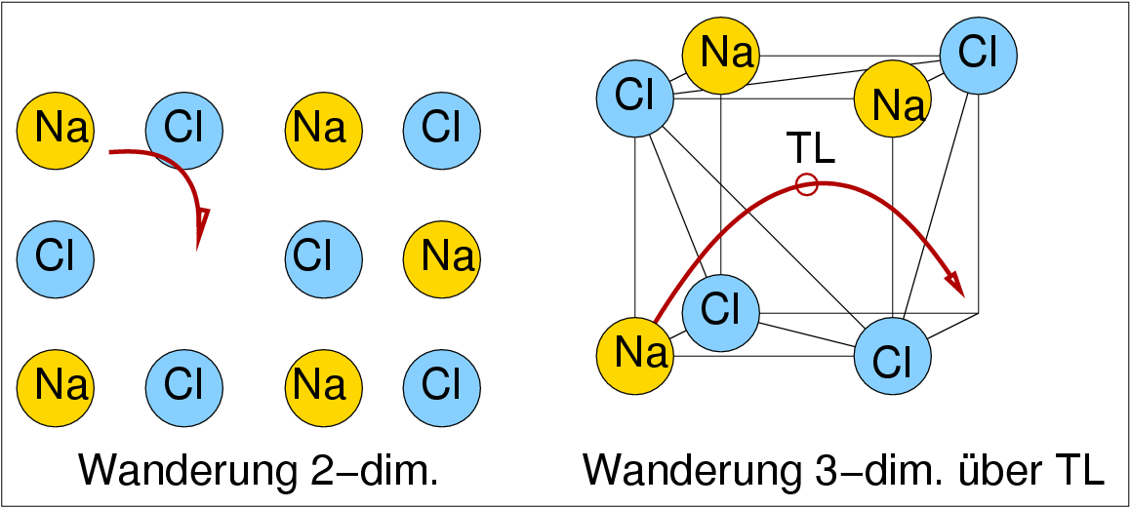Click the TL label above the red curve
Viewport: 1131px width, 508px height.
810,148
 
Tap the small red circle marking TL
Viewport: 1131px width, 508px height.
806,183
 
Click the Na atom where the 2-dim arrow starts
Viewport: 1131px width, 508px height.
56,128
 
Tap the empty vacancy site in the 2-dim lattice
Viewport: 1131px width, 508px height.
183,257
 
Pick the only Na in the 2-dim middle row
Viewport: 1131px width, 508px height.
441,257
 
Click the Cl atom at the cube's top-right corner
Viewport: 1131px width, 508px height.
978,55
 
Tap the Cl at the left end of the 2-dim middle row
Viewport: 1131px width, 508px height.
56,257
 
